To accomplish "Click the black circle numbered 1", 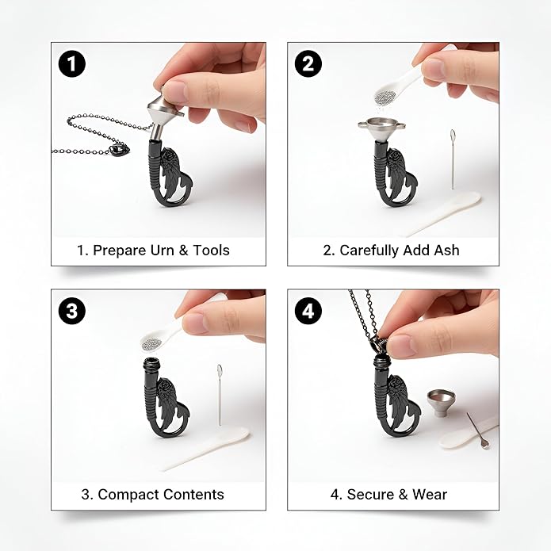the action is pyautogui.click(x=71, y=64).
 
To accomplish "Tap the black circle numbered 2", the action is pyautogui.click(x=308, y=64).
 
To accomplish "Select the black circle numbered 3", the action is pyautogui.click(x=71, y=311).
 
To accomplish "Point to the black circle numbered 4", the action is pyautogui.click(x=308, y=311).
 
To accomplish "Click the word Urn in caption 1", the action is pyautogui.click(x=162, y=251).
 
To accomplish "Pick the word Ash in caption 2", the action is pyautogui.click(x=446, y=251).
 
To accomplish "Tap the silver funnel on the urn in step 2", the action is pyautogui.click(x=381, y=130).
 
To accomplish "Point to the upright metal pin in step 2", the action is pyautogui.click(x=453, y=159).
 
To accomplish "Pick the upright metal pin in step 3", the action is pyautogui.click(x=220, y=395).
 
